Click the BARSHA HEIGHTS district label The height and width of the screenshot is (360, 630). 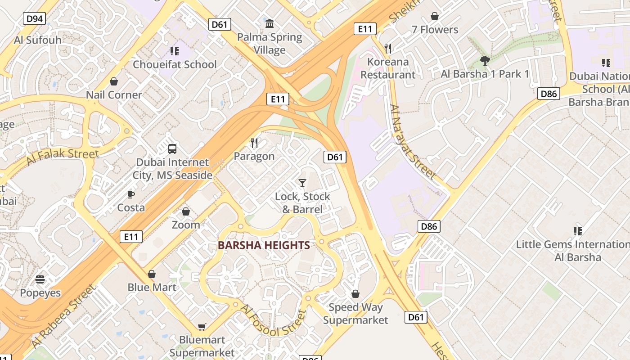coord(264,245)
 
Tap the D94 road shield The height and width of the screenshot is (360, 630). coord(34,18)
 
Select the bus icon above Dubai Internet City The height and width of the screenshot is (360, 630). coord(172,149)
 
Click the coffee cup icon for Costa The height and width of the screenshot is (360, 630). coord(130,194)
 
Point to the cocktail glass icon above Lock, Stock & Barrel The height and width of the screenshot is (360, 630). coord(302,183)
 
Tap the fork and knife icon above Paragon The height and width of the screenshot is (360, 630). coord(254,143)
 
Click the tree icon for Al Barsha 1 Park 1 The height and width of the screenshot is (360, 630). coord(485,61)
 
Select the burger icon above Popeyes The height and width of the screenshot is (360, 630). coord(40,279)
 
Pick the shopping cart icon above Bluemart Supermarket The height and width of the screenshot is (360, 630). coord(202,327)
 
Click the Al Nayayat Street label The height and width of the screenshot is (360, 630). coord(413,142)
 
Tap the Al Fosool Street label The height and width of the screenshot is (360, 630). coord(273,321)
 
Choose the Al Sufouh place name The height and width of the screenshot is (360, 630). coord(38,40)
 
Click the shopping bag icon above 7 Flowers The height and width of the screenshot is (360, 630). coord(434,17)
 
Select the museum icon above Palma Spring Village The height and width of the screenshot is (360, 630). coord(270,23)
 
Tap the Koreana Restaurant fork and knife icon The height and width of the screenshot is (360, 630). coord(388,48)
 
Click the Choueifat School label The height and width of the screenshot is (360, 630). coord(175,64)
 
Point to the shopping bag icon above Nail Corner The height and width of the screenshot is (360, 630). coord(114,81)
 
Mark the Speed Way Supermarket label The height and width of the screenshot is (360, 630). coord(355,314)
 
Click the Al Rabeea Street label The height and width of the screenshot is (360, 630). coord(64,317)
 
